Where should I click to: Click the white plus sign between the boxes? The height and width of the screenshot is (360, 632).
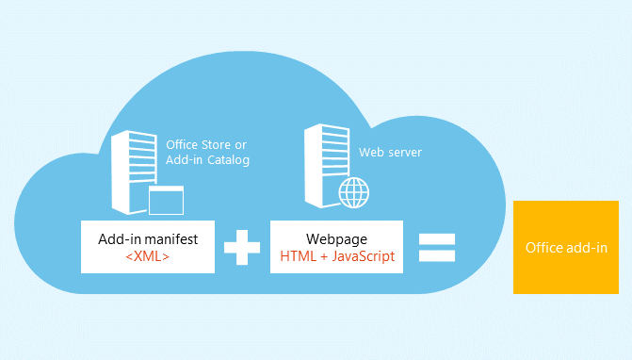[242, 248]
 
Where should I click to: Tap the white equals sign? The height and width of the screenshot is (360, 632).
[436, 248]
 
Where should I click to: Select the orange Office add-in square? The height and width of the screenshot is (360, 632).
[565, 247]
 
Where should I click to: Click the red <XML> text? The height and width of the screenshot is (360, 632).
[147, 255]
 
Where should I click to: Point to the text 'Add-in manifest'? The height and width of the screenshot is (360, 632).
[147, 238]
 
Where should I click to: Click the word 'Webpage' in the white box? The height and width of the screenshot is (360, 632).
[336, 238]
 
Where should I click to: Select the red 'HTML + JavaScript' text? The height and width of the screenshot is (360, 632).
[336, 255]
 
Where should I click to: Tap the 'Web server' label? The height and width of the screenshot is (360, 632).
[390, 152]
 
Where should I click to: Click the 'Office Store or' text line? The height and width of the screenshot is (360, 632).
[206, 144]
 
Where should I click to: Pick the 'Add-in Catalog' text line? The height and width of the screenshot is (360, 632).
[207, 160]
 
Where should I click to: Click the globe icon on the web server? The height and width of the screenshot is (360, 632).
[354, 194]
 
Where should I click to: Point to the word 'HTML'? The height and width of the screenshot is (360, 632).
[297, 255]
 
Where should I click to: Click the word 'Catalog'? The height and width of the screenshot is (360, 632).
[229, 160]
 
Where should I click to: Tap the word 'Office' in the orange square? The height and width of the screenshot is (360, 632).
[543, 248]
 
